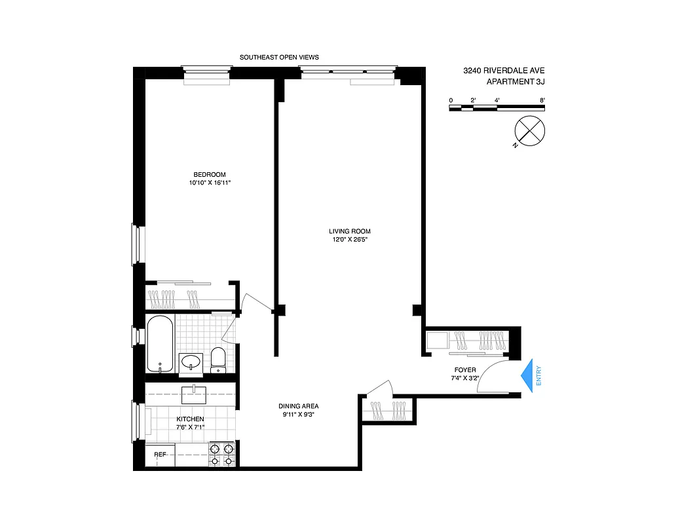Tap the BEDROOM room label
tap(209, 174)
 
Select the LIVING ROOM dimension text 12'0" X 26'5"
tap(350, 240)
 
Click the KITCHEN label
tap(190, 419)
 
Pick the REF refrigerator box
tap(160, 455)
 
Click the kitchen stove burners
tap(221, 454)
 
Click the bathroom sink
tap(191, 362)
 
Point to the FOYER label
tap(464, 370)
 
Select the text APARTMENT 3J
tap(516, 82)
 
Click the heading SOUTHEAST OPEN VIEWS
tap(279, 58)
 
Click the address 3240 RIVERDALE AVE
tap(504, 71)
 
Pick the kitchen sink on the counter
tap(193, 394)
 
